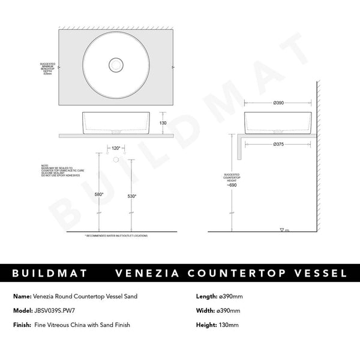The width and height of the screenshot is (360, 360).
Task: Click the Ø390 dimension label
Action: (x=278, y=103)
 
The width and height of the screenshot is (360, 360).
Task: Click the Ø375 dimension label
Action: (x=278, y=145)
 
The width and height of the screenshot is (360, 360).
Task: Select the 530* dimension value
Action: (x=132, y=196)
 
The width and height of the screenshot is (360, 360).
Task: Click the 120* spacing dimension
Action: (x=116, y=147)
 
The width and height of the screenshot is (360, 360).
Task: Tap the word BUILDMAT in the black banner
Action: (x=50, y=274)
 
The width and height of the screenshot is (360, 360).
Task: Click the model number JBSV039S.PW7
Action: (x=63, y=310)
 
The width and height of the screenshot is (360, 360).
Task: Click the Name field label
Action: (x=22, y=296)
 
